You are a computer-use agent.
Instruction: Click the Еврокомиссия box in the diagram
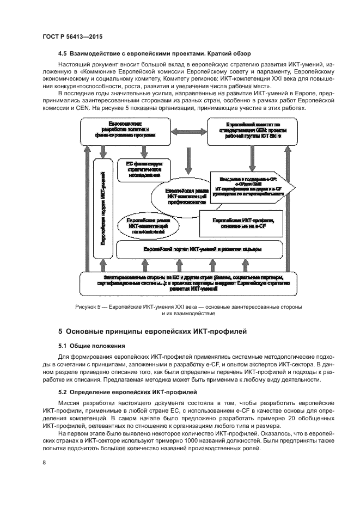coord(125,132)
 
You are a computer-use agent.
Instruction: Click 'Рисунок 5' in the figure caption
coord(88,308)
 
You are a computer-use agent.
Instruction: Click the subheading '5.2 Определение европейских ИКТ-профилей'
coord(129,392)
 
